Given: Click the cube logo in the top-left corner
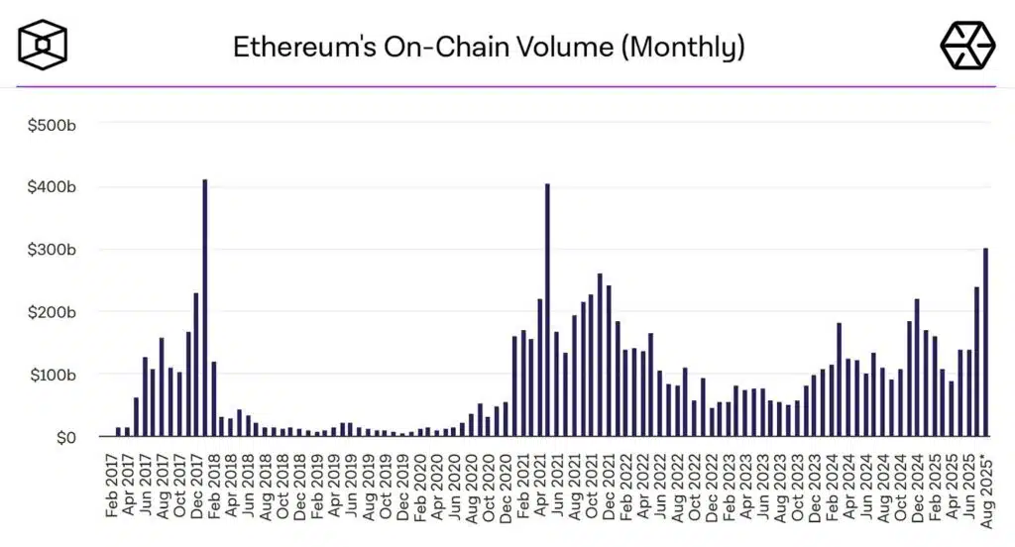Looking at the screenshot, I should point(43,45).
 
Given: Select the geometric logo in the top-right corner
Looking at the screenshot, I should point(966,45).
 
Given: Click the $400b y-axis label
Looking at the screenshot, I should point(53,186).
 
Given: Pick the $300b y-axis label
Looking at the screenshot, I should point(53,249).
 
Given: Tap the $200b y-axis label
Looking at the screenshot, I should point(53,311).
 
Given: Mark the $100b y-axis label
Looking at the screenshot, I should point(53,375).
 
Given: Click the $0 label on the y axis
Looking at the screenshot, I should point(64,437).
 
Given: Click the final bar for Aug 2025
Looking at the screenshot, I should point(985,342).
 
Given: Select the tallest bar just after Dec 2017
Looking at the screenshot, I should point(205,307).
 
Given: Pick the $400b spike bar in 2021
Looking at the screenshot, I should point(547,309).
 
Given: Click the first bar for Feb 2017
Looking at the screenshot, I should point(118,432).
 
